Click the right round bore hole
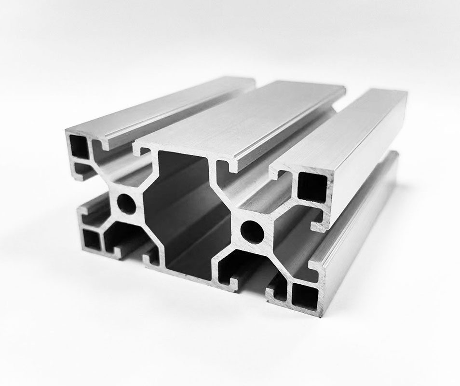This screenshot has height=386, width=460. point(252,231)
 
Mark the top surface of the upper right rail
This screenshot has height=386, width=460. point(347,125)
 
